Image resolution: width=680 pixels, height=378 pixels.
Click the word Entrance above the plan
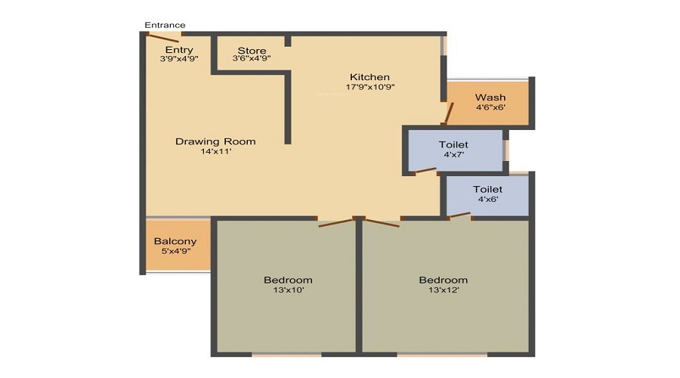click(165, 25)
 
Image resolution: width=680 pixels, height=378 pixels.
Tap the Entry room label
click(179, 50)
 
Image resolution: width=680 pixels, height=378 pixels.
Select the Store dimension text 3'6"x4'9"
click(252, 58)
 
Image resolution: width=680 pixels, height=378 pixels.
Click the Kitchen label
click(369, 77)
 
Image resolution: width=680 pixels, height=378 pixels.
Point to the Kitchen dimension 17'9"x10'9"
click(370, 87)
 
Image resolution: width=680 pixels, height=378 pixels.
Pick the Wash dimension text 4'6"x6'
click(490, 107)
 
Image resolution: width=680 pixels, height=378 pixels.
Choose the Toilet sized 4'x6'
click(487, 194)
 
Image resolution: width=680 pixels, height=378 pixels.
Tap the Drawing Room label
click(215, 141)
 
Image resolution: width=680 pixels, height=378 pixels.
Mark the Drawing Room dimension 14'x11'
click(215, 151)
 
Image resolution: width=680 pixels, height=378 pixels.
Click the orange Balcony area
click(177, 246)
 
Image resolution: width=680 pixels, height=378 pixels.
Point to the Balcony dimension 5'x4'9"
click(175, 251)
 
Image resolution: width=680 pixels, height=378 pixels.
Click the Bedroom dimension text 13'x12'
click(444, 290)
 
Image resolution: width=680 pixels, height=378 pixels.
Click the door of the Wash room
click(448, 113)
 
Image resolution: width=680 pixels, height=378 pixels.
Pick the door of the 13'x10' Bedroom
click(335, 222)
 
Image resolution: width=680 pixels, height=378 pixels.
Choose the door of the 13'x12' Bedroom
click(382, 222)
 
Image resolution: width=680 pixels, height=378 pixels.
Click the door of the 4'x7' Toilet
click(425, 172)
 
